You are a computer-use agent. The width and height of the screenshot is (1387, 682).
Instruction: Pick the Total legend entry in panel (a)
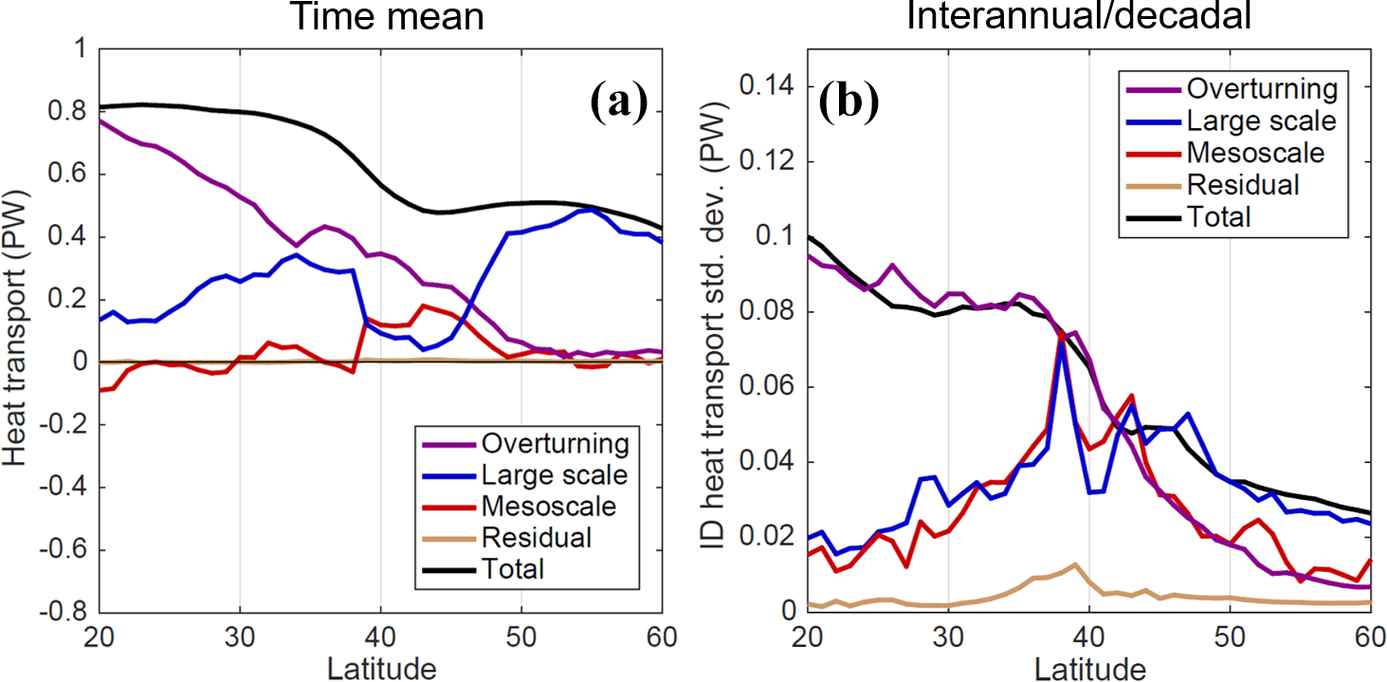tap(513, 569)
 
